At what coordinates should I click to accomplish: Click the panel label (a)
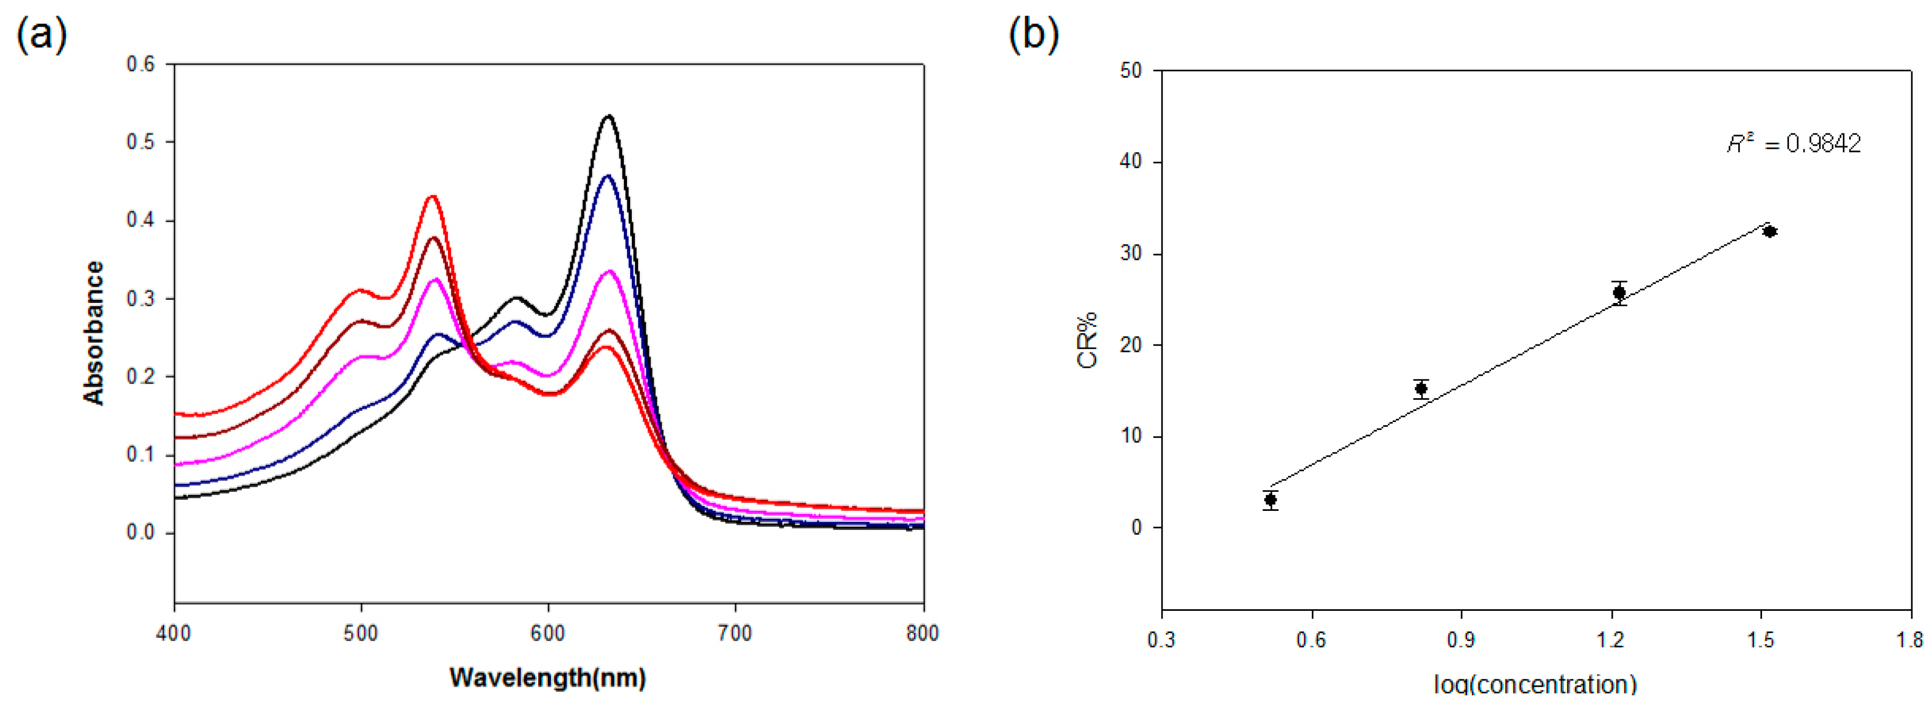(x=41, y=33)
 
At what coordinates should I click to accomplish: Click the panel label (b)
(x=1033, y=33)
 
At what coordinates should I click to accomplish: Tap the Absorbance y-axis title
(x=94, y=333)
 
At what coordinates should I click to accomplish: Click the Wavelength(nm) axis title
(x=547, y=677)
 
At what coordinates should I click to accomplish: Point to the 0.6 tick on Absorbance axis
(x=140, y=64)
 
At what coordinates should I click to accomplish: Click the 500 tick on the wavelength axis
(x=361, y=634)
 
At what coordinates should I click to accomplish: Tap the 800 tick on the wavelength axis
(x=922, y=634)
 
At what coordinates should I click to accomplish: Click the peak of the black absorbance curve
(x=609, y=116)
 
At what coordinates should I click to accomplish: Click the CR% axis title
(x=1087, y=340)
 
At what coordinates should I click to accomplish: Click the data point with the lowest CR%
(x=1270, y=499)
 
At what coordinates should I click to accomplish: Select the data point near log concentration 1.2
(x=1619, y=292)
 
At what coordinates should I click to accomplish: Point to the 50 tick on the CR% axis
(x=1130, y=71)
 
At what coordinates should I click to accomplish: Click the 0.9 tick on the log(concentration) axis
(x=1461, y=639)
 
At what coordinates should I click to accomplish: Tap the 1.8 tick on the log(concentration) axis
(x=1910, y=639)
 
